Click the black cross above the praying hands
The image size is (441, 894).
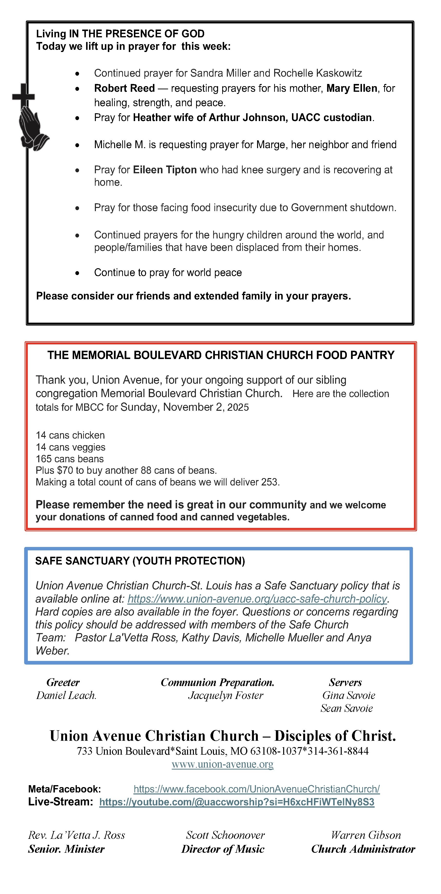tap(24, 95)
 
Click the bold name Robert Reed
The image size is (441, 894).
tap(124, 88)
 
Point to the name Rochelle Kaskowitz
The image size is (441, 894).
tap(318, 73)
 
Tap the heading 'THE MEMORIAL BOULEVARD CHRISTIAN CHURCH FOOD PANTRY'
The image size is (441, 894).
tap(221, 355)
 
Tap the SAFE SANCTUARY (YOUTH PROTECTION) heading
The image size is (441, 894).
tap(140, 561)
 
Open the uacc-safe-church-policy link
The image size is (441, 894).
tap(257, 599)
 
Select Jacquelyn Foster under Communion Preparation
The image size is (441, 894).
tap(226, 696)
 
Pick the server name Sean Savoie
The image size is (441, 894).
tap(346, 708)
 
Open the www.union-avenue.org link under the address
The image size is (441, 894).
tap(222, 764)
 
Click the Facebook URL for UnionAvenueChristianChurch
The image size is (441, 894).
tap(256, 789)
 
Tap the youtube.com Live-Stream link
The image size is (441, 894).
tap(237, 802)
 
